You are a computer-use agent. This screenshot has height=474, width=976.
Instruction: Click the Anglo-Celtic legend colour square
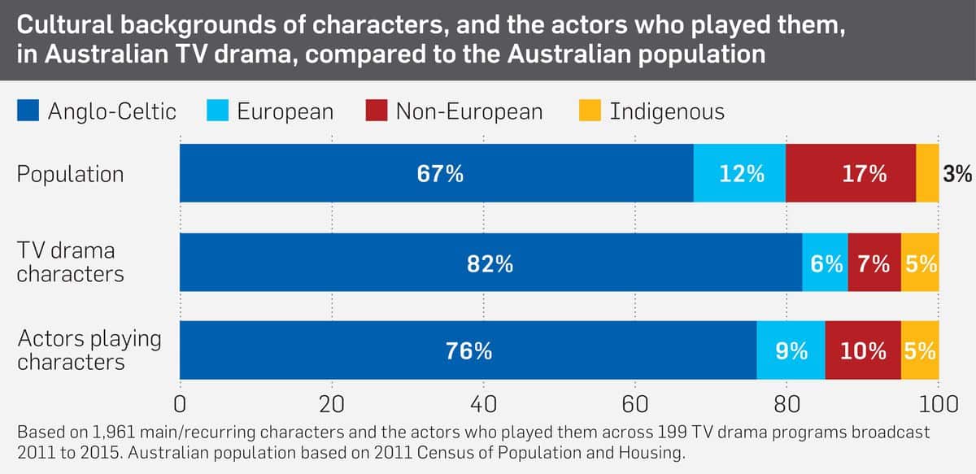click(x=28, y=111)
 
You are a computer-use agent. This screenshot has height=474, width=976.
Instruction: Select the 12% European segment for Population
click(x=739, y=173)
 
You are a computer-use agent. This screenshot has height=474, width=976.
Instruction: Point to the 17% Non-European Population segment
click(x=851, y=173)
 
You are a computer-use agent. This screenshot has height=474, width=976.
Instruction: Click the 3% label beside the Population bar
click(x=958, y=174)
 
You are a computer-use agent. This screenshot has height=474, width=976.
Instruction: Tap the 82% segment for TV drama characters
click(x=490, y=263)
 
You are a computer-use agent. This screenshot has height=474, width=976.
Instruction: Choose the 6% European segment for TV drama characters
click(x=825, y=263)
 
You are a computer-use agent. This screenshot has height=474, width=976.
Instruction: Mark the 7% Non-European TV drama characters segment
click(x=874, y=263)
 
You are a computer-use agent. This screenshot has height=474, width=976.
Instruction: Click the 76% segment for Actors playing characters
click(x=468, y=350)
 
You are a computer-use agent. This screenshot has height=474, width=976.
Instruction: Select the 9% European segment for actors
click(x=791, y=350)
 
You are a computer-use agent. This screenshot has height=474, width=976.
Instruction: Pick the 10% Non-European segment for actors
click(x=863, y=350)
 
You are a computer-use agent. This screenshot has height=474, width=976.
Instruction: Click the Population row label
click(x=70, y=174)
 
